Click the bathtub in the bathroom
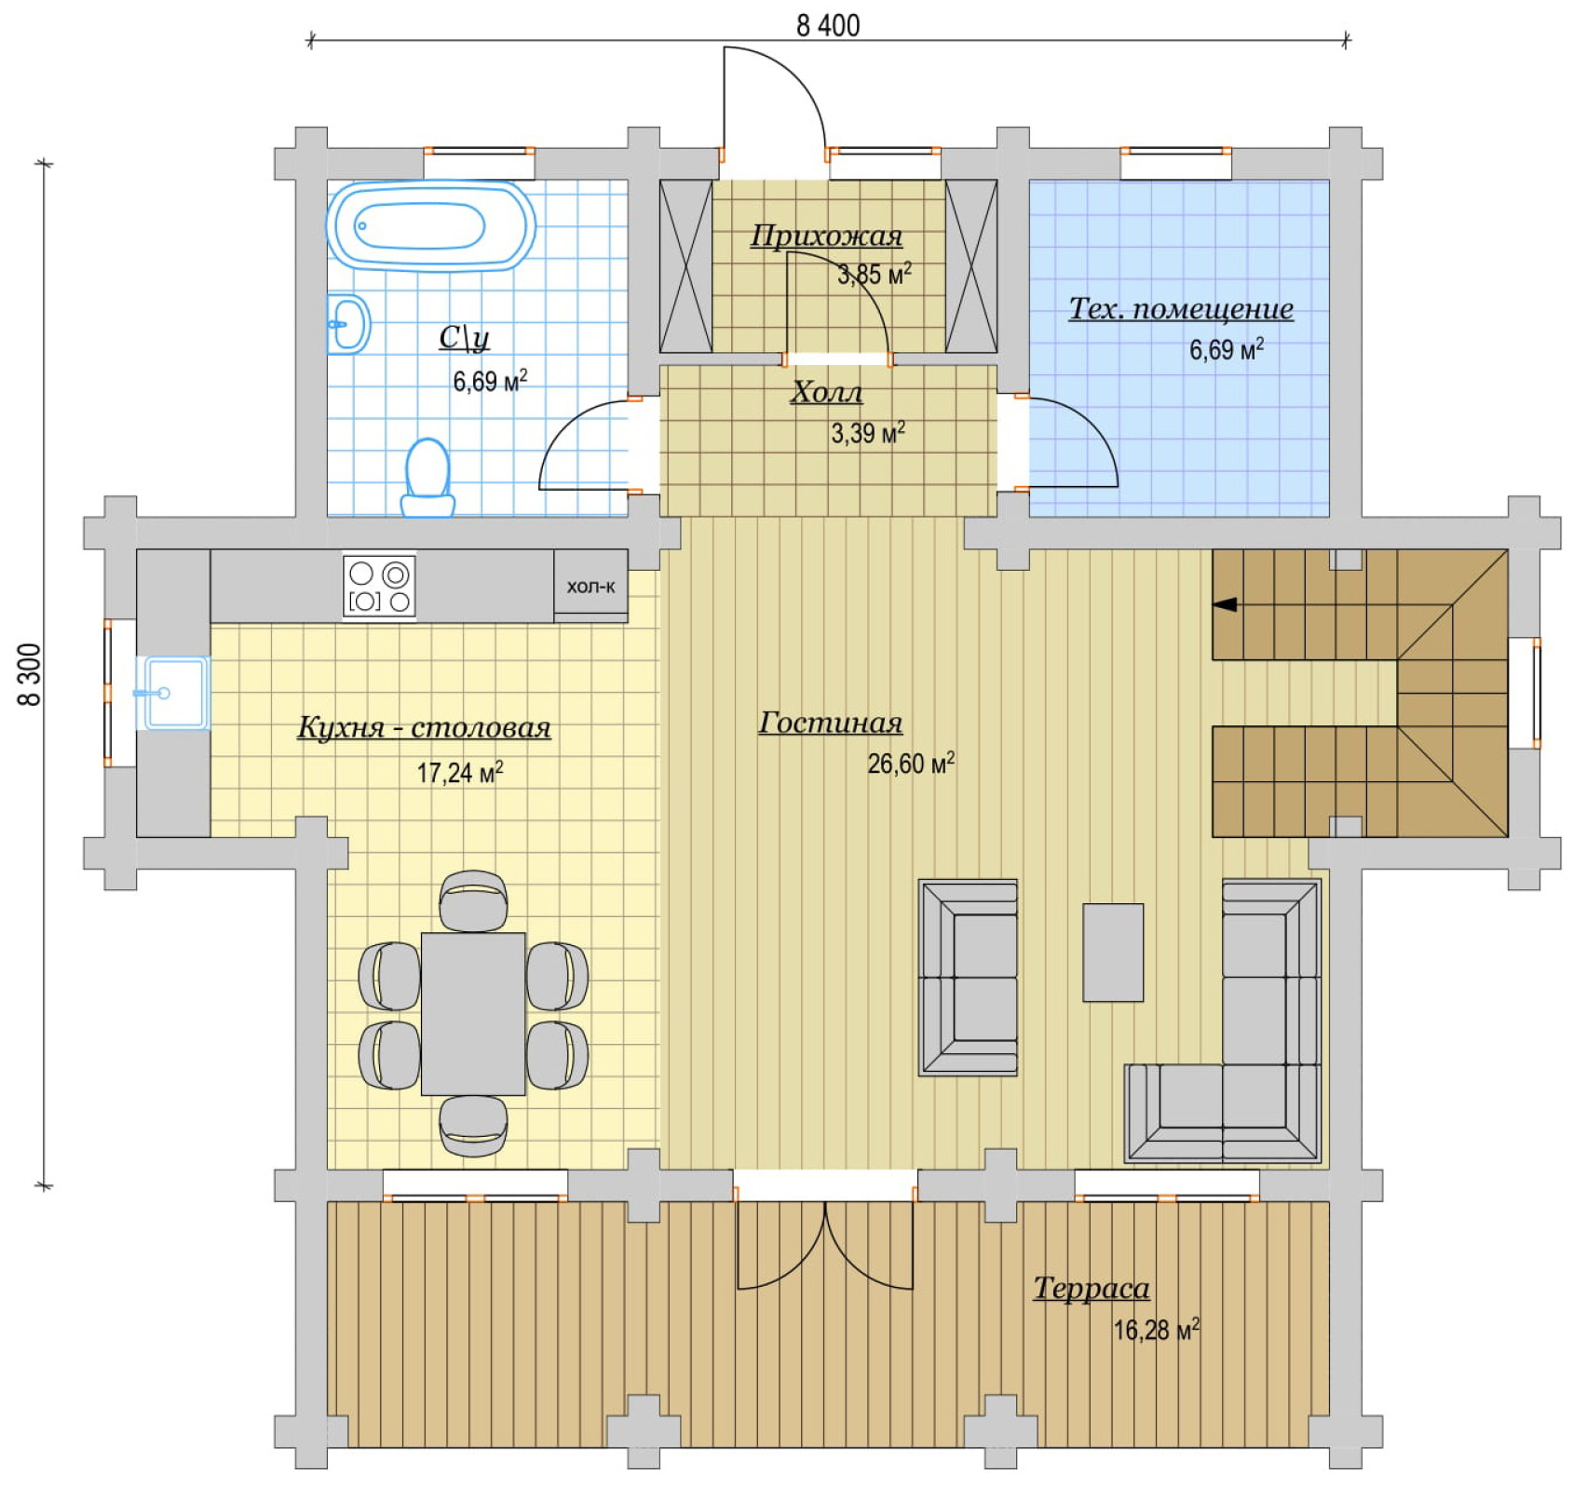tap(430, 226)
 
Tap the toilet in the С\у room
tap(428, 478)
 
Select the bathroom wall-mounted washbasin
tap(348, 324)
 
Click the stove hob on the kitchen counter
tap(379, 587)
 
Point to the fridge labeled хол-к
tap(590, 586)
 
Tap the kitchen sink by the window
tap(173, 693)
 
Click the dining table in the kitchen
tap(473, 1013)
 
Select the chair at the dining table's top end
tap(473, 900)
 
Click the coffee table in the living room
tap(1113, 952)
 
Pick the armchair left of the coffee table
tap(968, 977)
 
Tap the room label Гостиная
tap(831, 723)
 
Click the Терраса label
tap(1092, 1288)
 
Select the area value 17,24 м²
tap(460, 772)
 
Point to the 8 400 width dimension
tap(828, 25)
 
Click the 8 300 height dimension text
tap(30, 674)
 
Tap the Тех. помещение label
tap(1181, 308)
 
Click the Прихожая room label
tap(827, 236)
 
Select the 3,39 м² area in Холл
tap(868, 433)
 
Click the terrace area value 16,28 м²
tap(1157, 1329)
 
